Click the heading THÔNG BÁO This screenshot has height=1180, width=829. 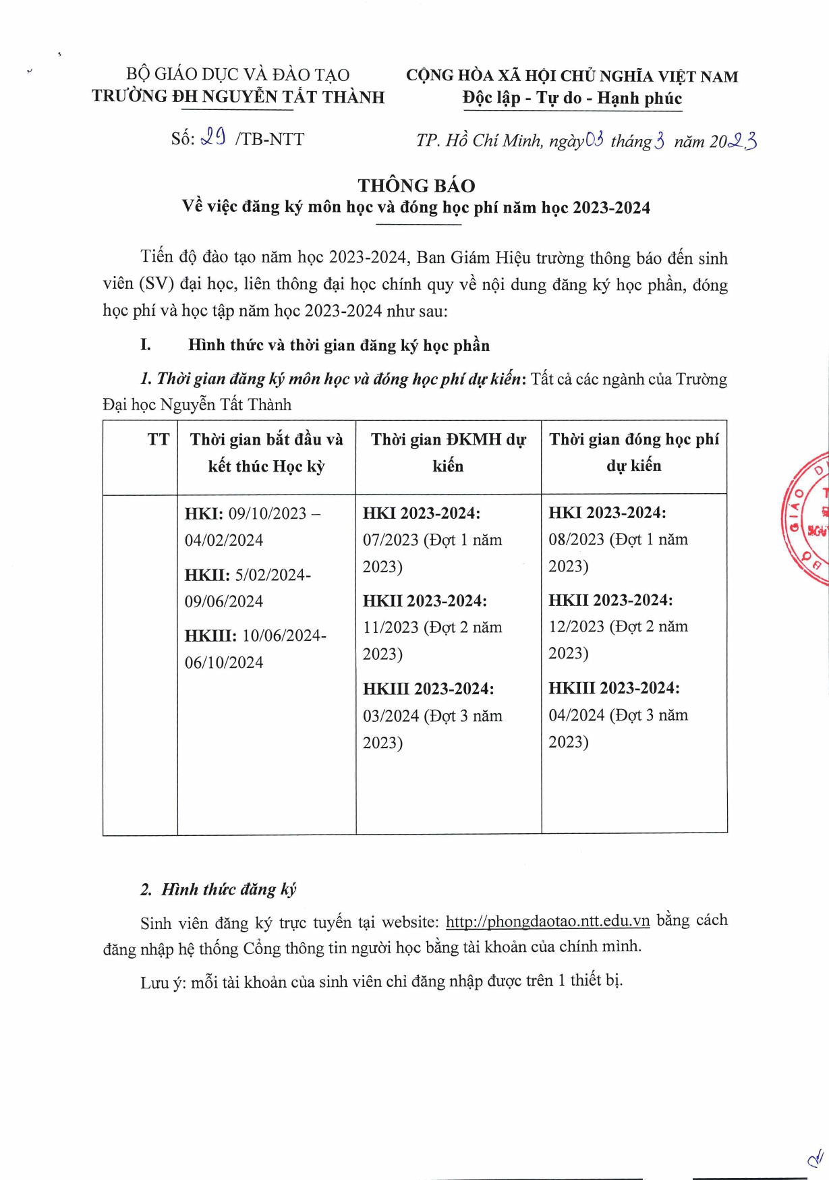click(x=416, y=186)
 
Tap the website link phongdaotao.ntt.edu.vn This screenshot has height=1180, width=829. click(x=548, y=921)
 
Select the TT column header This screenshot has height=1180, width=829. click(x=159, y=440)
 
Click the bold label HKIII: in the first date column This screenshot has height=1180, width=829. click(x=210, y=636)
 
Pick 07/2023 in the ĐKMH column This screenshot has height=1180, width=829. click(x=391, y=540)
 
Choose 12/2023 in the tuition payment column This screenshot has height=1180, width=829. click(x=576, y=627)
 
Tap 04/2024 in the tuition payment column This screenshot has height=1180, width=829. click(x=576, y=715)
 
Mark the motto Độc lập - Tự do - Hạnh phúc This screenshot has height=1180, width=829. click(x=572, y=99)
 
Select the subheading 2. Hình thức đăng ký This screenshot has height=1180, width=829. click(x=219, y=889)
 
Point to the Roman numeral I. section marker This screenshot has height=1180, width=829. click(x=146, y=345)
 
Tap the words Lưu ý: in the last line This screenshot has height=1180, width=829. click(x=163, y=982)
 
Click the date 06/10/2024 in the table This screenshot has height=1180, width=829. click(x=224, y=663)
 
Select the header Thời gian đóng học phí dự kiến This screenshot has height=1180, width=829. click(x=633, y=452)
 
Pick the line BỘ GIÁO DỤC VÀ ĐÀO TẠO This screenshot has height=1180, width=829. click(x=237, y=74)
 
